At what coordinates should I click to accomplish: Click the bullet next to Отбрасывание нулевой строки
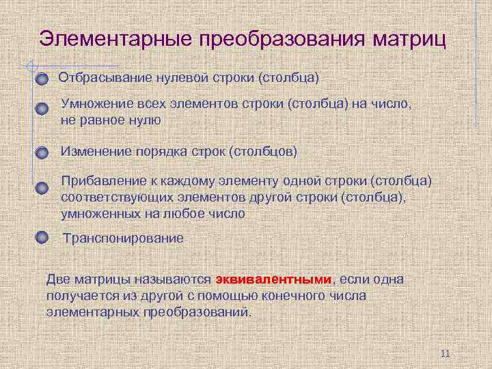42,79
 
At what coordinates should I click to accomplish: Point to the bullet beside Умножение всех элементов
42,109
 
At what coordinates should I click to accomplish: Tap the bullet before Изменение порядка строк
42,152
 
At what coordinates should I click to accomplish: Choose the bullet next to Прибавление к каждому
42,188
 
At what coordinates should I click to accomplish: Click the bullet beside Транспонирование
42,238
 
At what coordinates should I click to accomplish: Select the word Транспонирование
123,238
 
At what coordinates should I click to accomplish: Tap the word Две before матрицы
57,279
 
